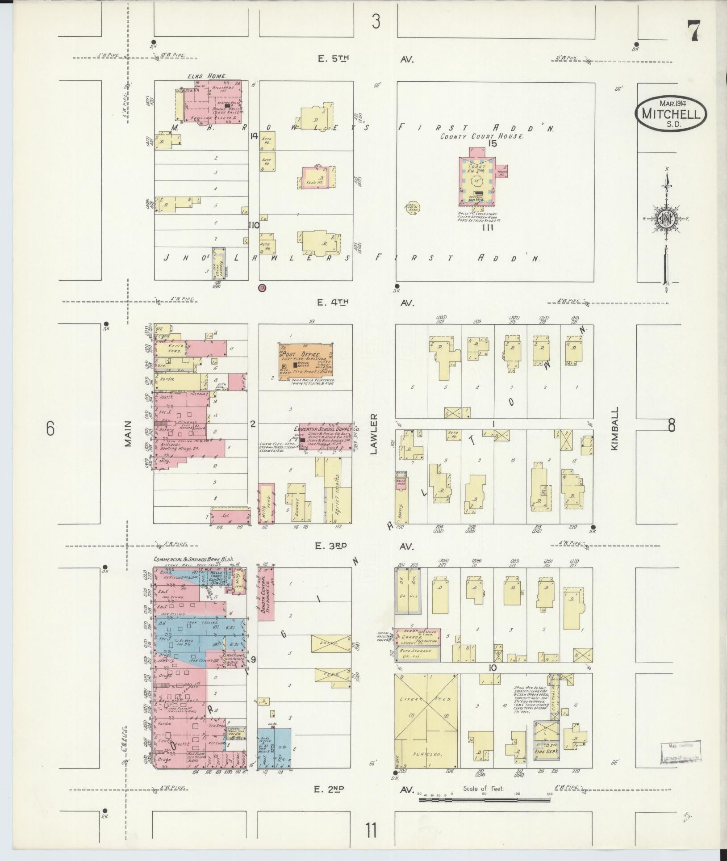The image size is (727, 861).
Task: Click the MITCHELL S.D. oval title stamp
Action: click(670, 114)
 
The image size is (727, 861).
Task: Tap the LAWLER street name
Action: click(374, 434)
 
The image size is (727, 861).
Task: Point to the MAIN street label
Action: click(129, 433)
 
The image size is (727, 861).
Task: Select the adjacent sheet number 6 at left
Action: click(50, 429)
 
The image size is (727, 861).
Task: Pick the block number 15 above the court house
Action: click(493, 143)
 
